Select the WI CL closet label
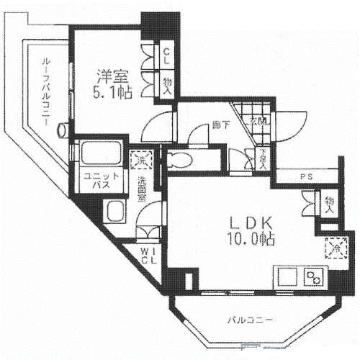(x=149, y=256)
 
